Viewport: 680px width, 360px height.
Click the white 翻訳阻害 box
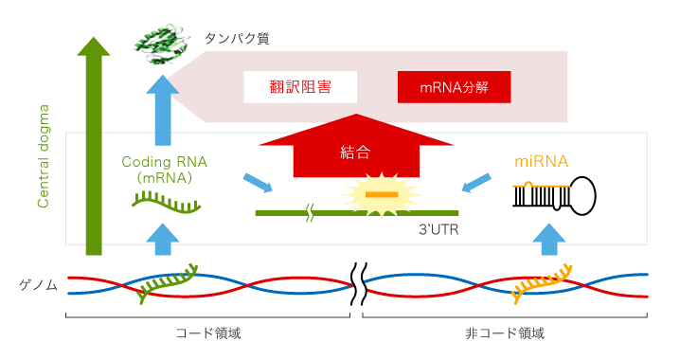(300, 87)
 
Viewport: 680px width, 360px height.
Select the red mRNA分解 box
(454, 88)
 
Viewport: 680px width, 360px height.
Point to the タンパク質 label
(236, 39)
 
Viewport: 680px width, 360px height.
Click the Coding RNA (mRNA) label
(165, 169)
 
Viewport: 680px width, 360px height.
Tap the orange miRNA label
(541, 161)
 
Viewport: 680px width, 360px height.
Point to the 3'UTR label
(438, 229)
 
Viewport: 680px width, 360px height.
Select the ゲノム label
(39, 284)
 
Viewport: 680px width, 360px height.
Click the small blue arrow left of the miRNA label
(479, 180)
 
